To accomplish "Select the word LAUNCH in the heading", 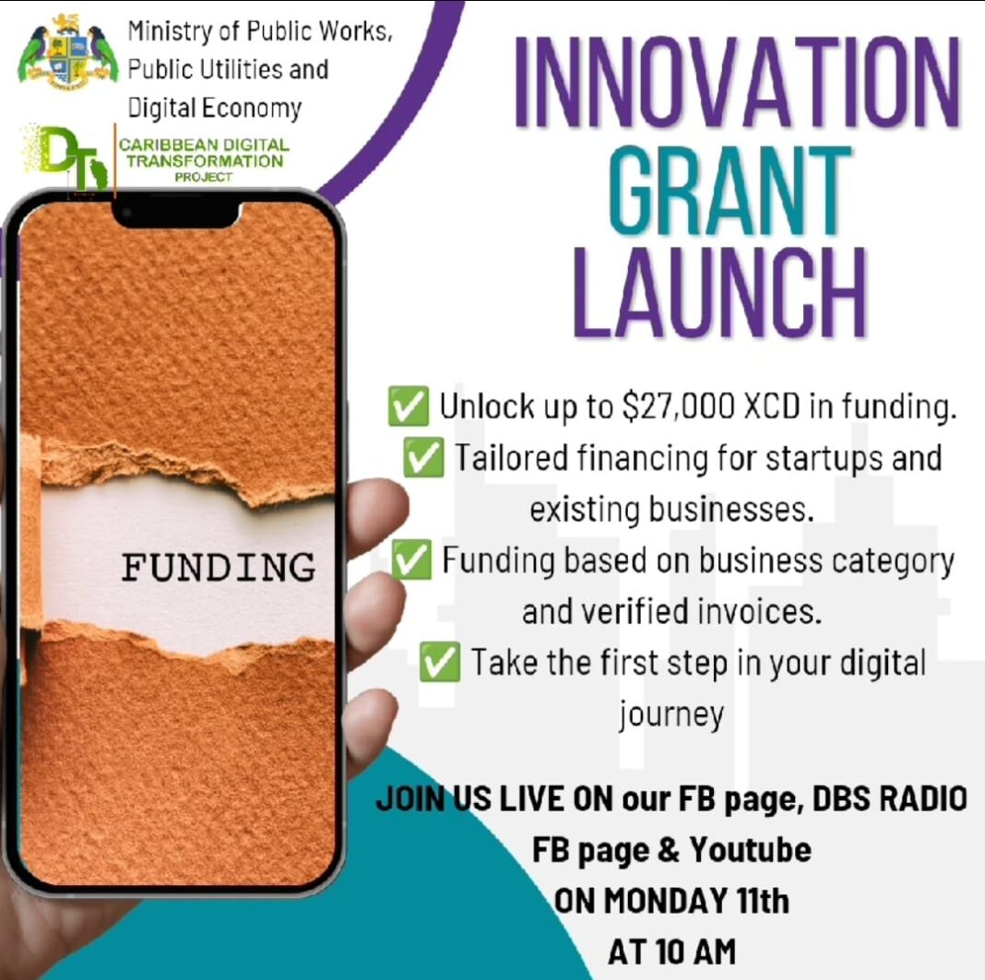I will [720, 289].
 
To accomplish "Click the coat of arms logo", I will [67, 51].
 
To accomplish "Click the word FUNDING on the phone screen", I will [219, 565].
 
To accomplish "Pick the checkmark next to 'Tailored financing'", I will [424, 458].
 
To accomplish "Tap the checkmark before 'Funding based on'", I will [412, 561].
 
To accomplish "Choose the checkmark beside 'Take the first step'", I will [440, 663].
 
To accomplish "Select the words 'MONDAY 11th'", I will [696, 901].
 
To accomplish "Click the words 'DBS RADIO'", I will [889, 798].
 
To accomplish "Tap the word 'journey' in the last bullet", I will [671, 714].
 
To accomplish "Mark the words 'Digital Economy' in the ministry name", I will [214, 108].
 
